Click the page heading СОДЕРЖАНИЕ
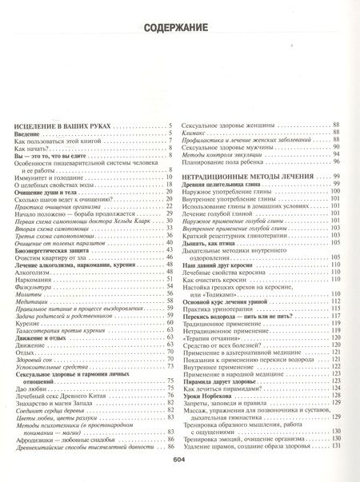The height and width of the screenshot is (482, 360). click(x=179, y=31)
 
